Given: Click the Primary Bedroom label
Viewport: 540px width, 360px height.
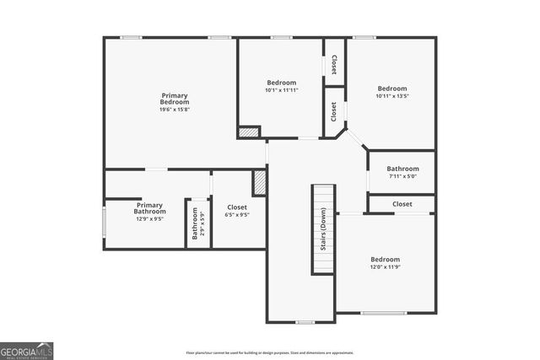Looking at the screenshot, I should click(x=175, y=99).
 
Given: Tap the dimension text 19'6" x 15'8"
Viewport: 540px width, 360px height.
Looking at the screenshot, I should click(x=175, y=110).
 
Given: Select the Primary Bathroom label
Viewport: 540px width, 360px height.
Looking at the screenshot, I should click(x=149, y=207).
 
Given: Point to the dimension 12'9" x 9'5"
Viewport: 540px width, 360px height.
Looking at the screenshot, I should click(x=149, y=218).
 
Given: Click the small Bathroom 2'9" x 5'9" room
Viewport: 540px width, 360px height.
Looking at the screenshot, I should click(x=197, y=224).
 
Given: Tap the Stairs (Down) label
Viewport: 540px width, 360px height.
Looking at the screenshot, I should click(x=323, y=228).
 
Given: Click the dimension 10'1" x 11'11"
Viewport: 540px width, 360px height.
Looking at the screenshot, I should click(x=281, y=90).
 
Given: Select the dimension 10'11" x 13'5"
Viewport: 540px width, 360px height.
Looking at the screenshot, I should click(x=391, y=96).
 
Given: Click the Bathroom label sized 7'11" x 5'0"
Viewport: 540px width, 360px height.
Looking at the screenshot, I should click(x=402, y=172).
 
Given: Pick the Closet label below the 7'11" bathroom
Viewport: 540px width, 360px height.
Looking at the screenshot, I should click(x=402, y=204).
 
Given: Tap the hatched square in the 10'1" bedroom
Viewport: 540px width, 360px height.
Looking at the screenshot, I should click(x=248, y=132).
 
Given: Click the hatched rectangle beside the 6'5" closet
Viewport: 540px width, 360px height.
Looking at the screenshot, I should click(x=260, y=183).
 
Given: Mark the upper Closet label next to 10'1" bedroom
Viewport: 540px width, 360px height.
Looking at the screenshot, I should click(x=334, y=64).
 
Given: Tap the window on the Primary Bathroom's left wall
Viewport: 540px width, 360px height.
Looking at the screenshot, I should click(x=104, y=223).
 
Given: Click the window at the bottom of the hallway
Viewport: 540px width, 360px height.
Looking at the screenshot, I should click(x=305, y=322).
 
